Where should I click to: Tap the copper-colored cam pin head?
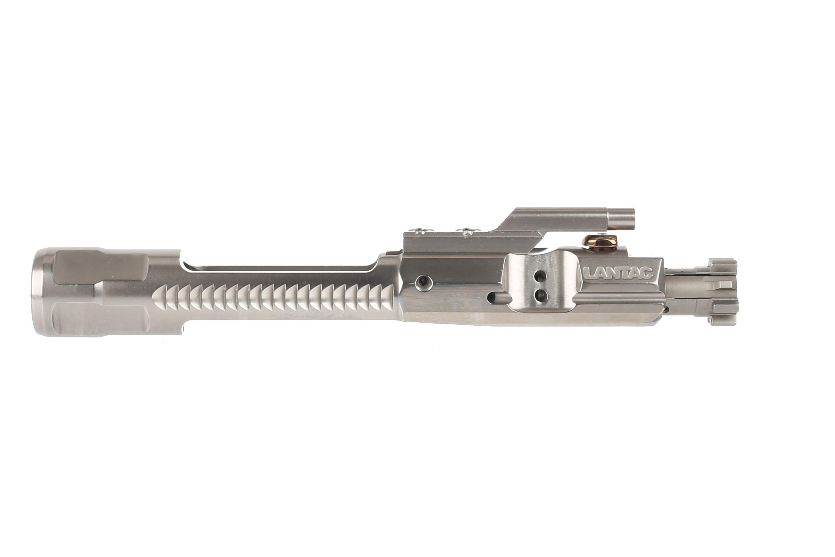pos(601,242)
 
